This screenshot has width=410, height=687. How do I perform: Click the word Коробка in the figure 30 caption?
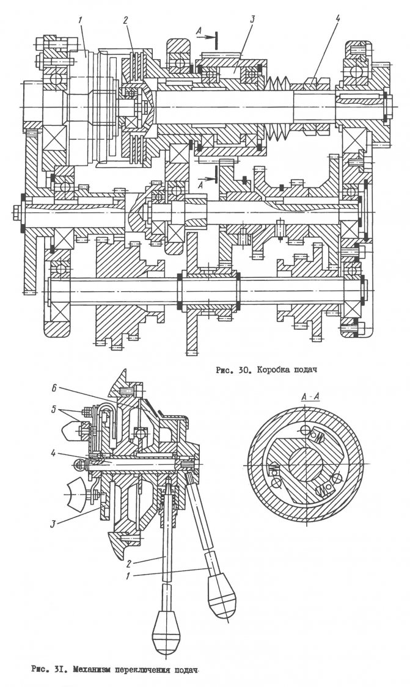274,370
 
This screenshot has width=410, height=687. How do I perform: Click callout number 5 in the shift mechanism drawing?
54,410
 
